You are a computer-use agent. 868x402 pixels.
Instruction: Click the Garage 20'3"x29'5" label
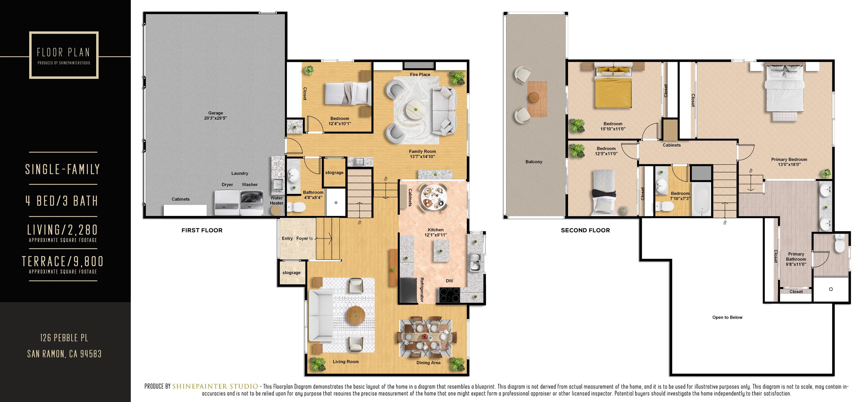pyautogui.click(x=215, y=116)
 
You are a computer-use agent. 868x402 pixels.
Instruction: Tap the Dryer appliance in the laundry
pyautogui.click(x=227, y=203)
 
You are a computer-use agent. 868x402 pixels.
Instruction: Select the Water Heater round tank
pyautogui.click(x=276, y=210)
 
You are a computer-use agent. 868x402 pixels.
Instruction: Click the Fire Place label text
pyautogui.click(x=420, y=75)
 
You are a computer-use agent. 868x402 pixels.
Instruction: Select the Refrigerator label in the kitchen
pyautogui.click(x=422, y=290)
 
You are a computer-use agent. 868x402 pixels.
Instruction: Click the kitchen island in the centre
pyautogui.click(x=441, y=251)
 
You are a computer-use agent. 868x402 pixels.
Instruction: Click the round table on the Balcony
pyautogui.click(x=534, y=97)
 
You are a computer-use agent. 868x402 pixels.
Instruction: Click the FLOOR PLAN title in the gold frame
pyautogui.click(x=63, y=53)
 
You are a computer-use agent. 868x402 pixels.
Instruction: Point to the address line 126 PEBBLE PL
pyautogui.click(x=64, y=338)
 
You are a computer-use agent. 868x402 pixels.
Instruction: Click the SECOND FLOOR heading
pyautogui.click(x=585, y=231)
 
